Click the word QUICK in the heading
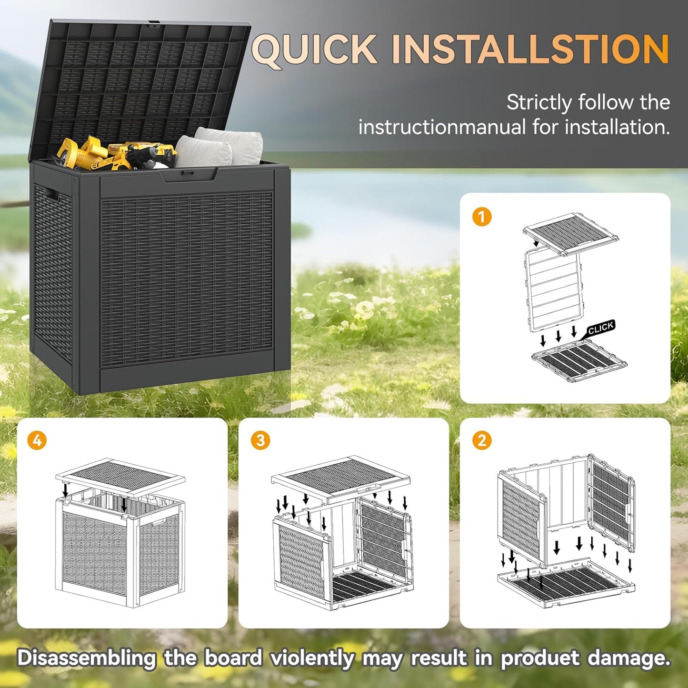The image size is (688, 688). point(314,49)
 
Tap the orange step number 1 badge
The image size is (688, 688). point(481,217)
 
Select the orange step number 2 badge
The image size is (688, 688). point(481,440)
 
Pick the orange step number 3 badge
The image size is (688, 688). point(260,440)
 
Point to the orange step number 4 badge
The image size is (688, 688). point(37,440)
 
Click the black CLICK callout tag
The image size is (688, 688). point(600,328)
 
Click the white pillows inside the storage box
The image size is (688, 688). point(219,145)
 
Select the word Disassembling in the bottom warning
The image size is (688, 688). point(86,658)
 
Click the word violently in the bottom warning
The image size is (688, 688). point(312,658)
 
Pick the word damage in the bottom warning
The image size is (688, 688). point(628,658)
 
